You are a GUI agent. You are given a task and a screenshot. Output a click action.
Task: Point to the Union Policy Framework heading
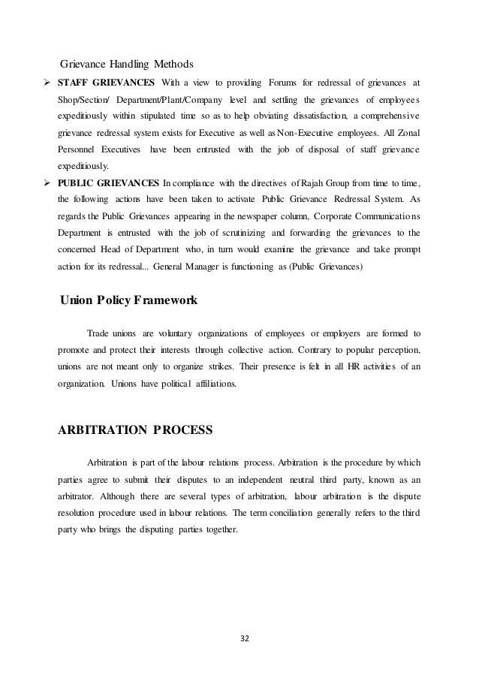(128, 300)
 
